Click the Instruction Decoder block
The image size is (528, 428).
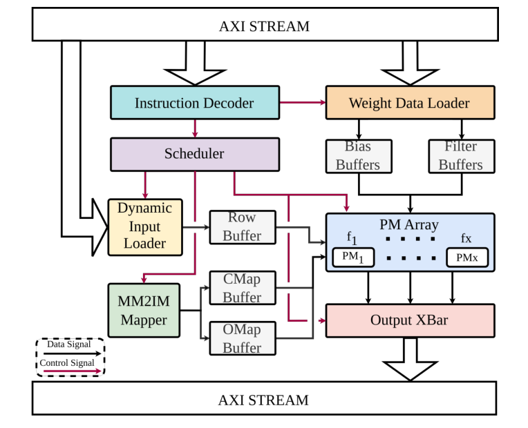194,103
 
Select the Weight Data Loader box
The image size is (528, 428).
409,103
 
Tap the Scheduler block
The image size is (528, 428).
194,154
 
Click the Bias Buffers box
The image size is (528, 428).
358,156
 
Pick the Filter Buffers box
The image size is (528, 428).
460,156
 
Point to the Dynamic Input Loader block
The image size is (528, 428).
144,226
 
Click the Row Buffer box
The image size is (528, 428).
242,227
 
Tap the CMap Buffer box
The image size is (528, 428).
242,288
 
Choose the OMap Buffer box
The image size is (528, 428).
242,339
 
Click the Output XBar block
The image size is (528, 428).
410,320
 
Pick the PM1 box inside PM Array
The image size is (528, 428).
352,257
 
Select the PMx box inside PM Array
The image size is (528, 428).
466,257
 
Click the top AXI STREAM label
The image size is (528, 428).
264,26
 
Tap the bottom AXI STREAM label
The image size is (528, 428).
263,400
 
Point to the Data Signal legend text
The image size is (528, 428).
69,344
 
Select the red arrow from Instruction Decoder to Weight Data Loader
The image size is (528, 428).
302,103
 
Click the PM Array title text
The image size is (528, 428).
409,224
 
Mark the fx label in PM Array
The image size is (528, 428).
466,238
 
